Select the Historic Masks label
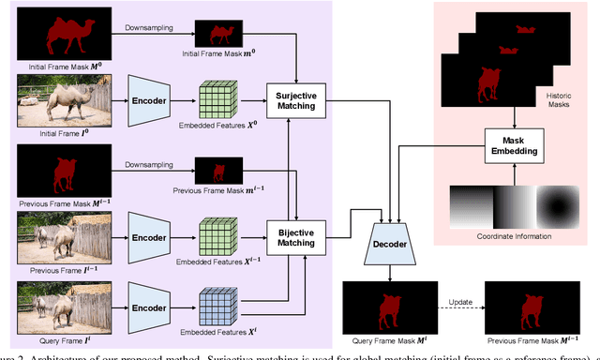point(564,100)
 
